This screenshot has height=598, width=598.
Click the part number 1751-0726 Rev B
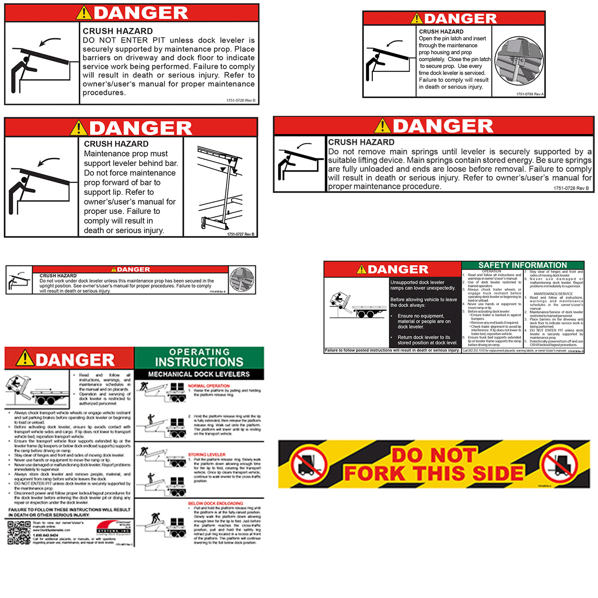pos(241,100)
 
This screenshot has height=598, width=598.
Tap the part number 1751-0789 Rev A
pos(530,94)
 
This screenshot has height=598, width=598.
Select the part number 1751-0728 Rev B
pos(571,188)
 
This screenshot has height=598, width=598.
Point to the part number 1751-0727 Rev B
pos(241,234)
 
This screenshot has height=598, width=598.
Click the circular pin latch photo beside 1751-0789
pos(519,61)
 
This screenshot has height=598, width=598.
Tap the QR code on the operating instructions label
pos(19,533)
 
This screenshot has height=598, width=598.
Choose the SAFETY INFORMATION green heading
pos(522,265)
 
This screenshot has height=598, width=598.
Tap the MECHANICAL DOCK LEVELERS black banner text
pos(199,374)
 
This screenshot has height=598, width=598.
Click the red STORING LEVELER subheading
pos(206,454)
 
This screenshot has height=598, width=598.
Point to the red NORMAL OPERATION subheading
pos(209,386)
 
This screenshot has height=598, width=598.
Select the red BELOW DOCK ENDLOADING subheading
pos(215,503)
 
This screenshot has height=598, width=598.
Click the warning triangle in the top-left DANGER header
pos(85,13)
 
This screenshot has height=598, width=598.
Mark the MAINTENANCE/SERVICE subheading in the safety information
pos(553,294)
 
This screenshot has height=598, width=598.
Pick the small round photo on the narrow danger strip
pos(242,279)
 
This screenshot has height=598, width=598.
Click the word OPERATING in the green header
pos(199,352)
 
